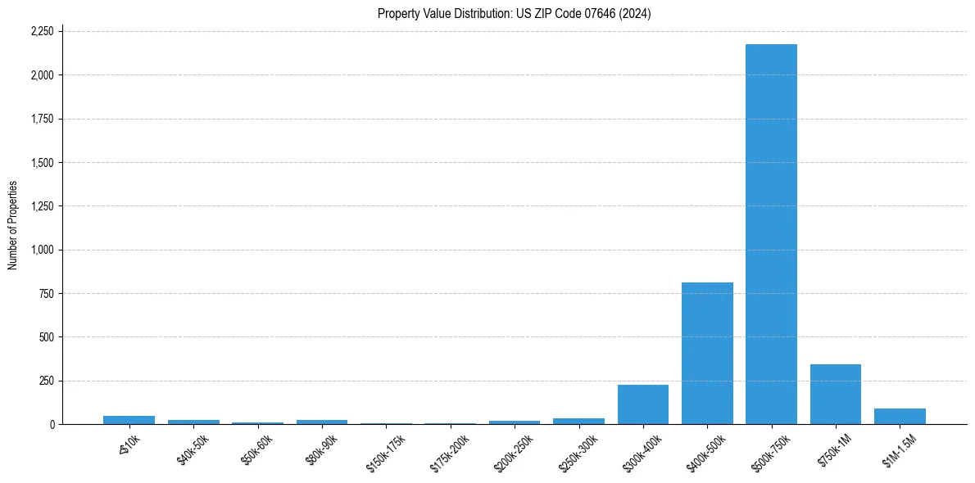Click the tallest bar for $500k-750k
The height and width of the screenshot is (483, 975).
click(x=771, y=234)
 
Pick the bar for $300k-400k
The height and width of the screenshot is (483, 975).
click(x=643, y=404)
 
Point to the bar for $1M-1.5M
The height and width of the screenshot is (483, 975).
click(x=900, y=417)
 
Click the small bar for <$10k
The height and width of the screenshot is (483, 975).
click(x=129, y=420)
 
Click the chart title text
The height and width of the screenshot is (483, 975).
click(x=514, y=13)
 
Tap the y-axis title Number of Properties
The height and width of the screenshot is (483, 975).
click(x=13, y=225)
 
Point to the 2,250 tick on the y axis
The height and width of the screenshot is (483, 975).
click(x=42, y=32)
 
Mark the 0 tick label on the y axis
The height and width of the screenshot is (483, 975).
click(x=52, y=425)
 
